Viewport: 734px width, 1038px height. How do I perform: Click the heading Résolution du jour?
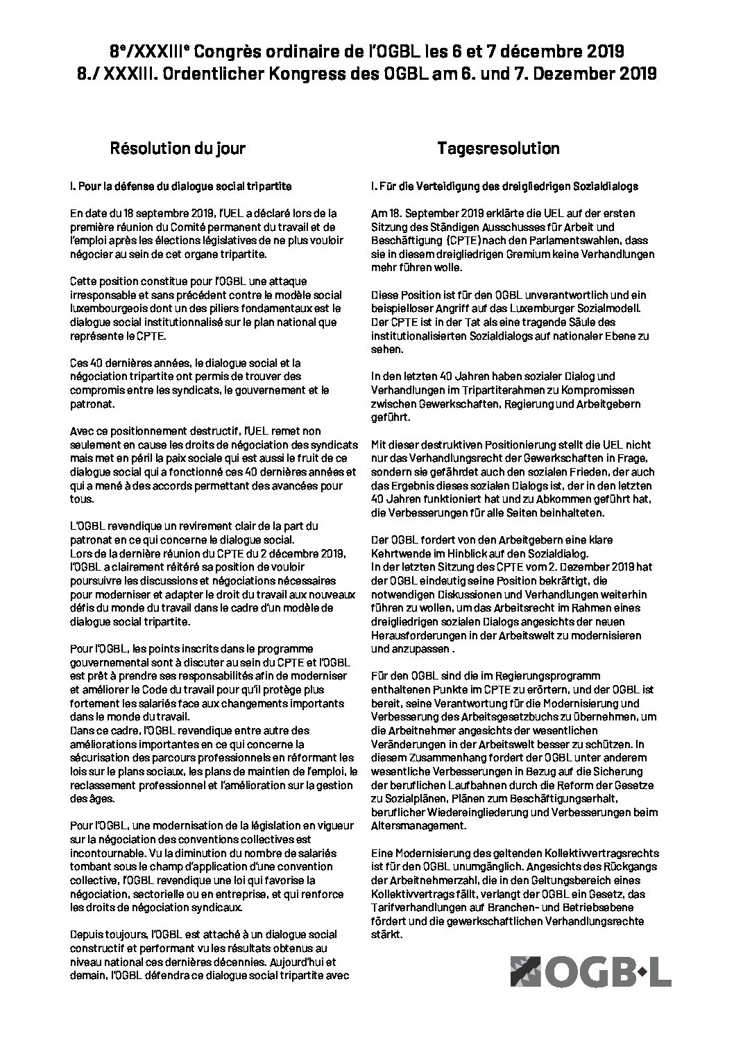tap(178, 148)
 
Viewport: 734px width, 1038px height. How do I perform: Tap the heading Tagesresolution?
tap(498, 148)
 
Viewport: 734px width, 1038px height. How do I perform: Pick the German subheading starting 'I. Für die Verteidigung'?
tap(505, 187)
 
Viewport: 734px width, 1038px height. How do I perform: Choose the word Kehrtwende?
tap(402, 553)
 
